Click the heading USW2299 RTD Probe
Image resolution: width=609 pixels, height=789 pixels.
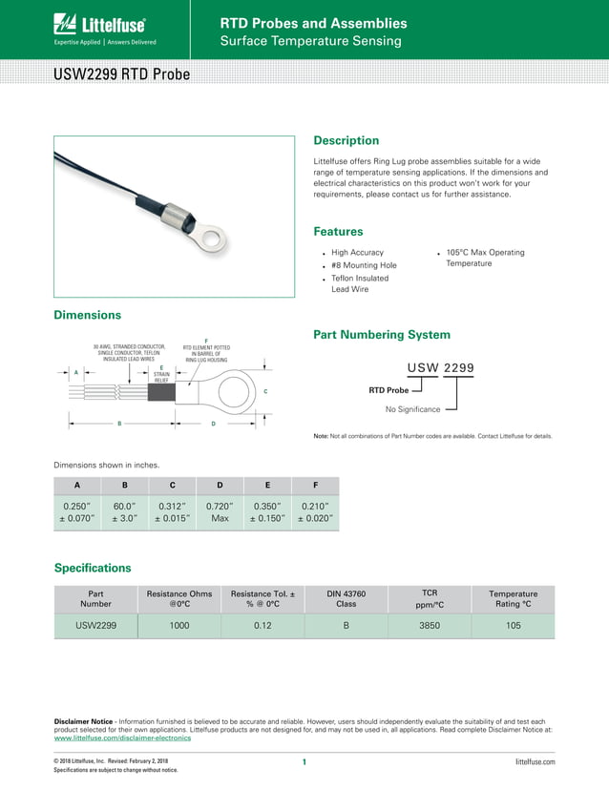121,74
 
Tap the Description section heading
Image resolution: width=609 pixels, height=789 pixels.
346,140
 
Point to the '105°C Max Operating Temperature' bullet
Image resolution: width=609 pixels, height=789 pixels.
485,258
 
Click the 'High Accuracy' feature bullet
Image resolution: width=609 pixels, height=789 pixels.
357,253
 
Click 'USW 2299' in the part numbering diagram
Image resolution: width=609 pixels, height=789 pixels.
440,367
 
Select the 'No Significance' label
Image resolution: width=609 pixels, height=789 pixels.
412,409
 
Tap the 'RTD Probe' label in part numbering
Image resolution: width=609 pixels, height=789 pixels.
388,390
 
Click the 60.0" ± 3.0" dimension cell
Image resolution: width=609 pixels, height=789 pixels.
124,512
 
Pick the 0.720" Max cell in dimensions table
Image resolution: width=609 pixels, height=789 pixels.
220,512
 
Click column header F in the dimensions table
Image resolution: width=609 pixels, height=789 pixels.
315,485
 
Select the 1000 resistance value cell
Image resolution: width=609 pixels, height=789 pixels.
179,626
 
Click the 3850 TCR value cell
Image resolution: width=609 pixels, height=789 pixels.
430,626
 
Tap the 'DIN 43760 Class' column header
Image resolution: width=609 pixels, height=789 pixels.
346,598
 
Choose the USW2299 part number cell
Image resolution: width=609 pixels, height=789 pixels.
95,626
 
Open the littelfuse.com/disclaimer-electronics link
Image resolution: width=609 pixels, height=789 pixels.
123,738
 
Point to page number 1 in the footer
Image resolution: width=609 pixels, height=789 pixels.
304,761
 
